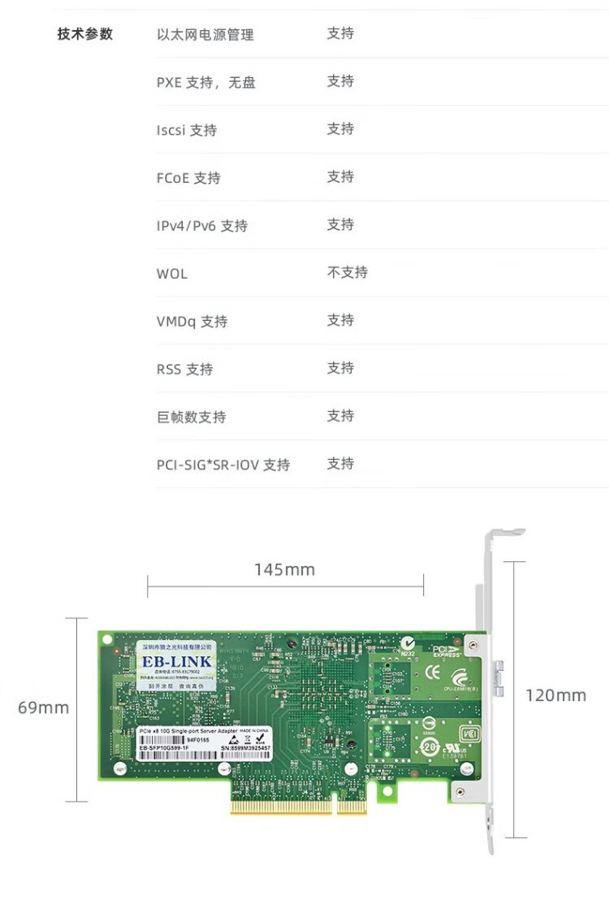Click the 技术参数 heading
[85, 34]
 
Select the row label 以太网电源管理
[205, 34]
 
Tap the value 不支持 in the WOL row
[347, 272]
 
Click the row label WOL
[171, 274]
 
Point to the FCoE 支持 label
[188, 178]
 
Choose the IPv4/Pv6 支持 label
[202, 226]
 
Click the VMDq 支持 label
[192, 322]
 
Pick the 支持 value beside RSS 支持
[340, 368]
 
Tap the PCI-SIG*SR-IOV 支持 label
[222, 465]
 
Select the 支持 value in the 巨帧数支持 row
[340, 416]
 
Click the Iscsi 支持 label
[186, 130]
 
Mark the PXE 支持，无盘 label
[205, 82]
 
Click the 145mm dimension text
[284, 569]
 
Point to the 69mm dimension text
[44, 707]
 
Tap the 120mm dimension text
[556, 695]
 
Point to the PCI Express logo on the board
[447, 651]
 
